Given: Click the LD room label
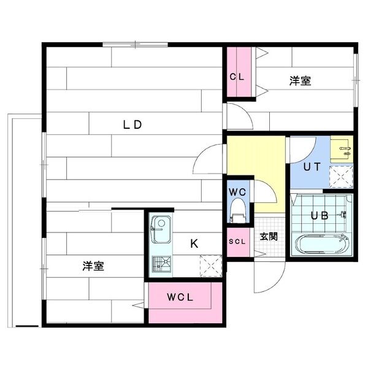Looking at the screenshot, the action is click(x=132, y=125).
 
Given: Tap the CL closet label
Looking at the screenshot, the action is click(x=237, y=77).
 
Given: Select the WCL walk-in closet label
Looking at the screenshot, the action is click(x=180, y=297).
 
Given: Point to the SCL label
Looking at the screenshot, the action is click(x=237, y=242).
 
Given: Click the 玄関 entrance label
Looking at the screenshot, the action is click(x=269, y=236).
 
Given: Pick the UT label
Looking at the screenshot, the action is click(x=312, y=167).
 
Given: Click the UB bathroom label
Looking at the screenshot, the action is click(x=320, y=216).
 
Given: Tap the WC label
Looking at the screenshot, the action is click(x=237, y=192).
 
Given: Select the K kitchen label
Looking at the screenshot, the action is click(x=194, y=243).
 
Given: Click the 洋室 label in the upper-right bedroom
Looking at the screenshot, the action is click(x=300, y=81).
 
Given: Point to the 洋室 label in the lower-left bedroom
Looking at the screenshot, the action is click(x=93, y=266).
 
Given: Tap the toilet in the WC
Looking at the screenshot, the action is click(x=238, y=210).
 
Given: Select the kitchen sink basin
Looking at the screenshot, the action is click(x=161, y=229).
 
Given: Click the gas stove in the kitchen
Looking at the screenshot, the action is click(x=161, y=264).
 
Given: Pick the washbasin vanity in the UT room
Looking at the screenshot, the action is click(x=342, y=149).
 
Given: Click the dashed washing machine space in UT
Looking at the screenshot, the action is click(x=341, y=177).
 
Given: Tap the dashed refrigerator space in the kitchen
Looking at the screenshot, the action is click(x=211, y=266).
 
